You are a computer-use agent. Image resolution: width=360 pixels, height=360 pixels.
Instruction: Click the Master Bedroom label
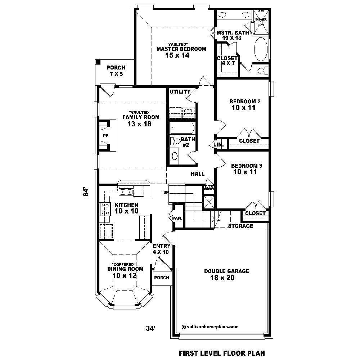coord(181,49)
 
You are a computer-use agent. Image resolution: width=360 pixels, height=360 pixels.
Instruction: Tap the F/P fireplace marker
coord(105,136)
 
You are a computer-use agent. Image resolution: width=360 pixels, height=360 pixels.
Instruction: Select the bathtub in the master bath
coord(261,50)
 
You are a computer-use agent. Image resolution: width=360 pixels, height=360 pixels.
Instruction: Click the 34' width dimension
coord(150,328)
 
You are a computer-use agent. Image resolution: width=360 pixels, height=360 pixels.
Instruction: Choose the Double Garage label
coord(226,271)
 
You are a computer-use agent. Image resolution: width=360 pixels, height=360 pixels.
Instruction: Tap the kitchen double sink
coord(126,192)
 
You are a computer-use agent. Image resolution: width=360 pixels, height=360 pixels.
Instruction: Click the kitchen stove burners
coord(105,209)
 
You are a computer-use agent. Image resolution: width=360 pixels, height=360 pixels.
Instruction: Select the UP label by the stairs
coord(166,193)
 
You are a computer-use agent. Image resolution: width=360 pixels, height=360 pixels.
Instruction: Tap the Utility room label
coord(180,92)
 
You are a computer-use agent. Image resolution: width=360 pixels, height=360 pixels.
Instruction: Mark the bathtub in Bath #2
coord(182,128)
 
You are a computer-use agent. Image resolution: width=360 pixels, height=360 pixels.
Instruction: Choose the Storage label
coord(241,226)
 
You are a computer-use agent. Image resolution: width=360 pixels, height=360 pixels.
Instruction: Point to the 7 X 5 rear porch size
coord(116,74)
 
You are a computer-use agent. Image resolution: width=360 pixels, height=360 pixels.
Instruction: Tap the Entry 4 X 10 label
coord(161,249)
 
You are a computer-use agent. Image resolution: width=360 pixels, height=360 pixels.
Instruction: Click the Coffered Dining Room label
coord(125,269)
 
